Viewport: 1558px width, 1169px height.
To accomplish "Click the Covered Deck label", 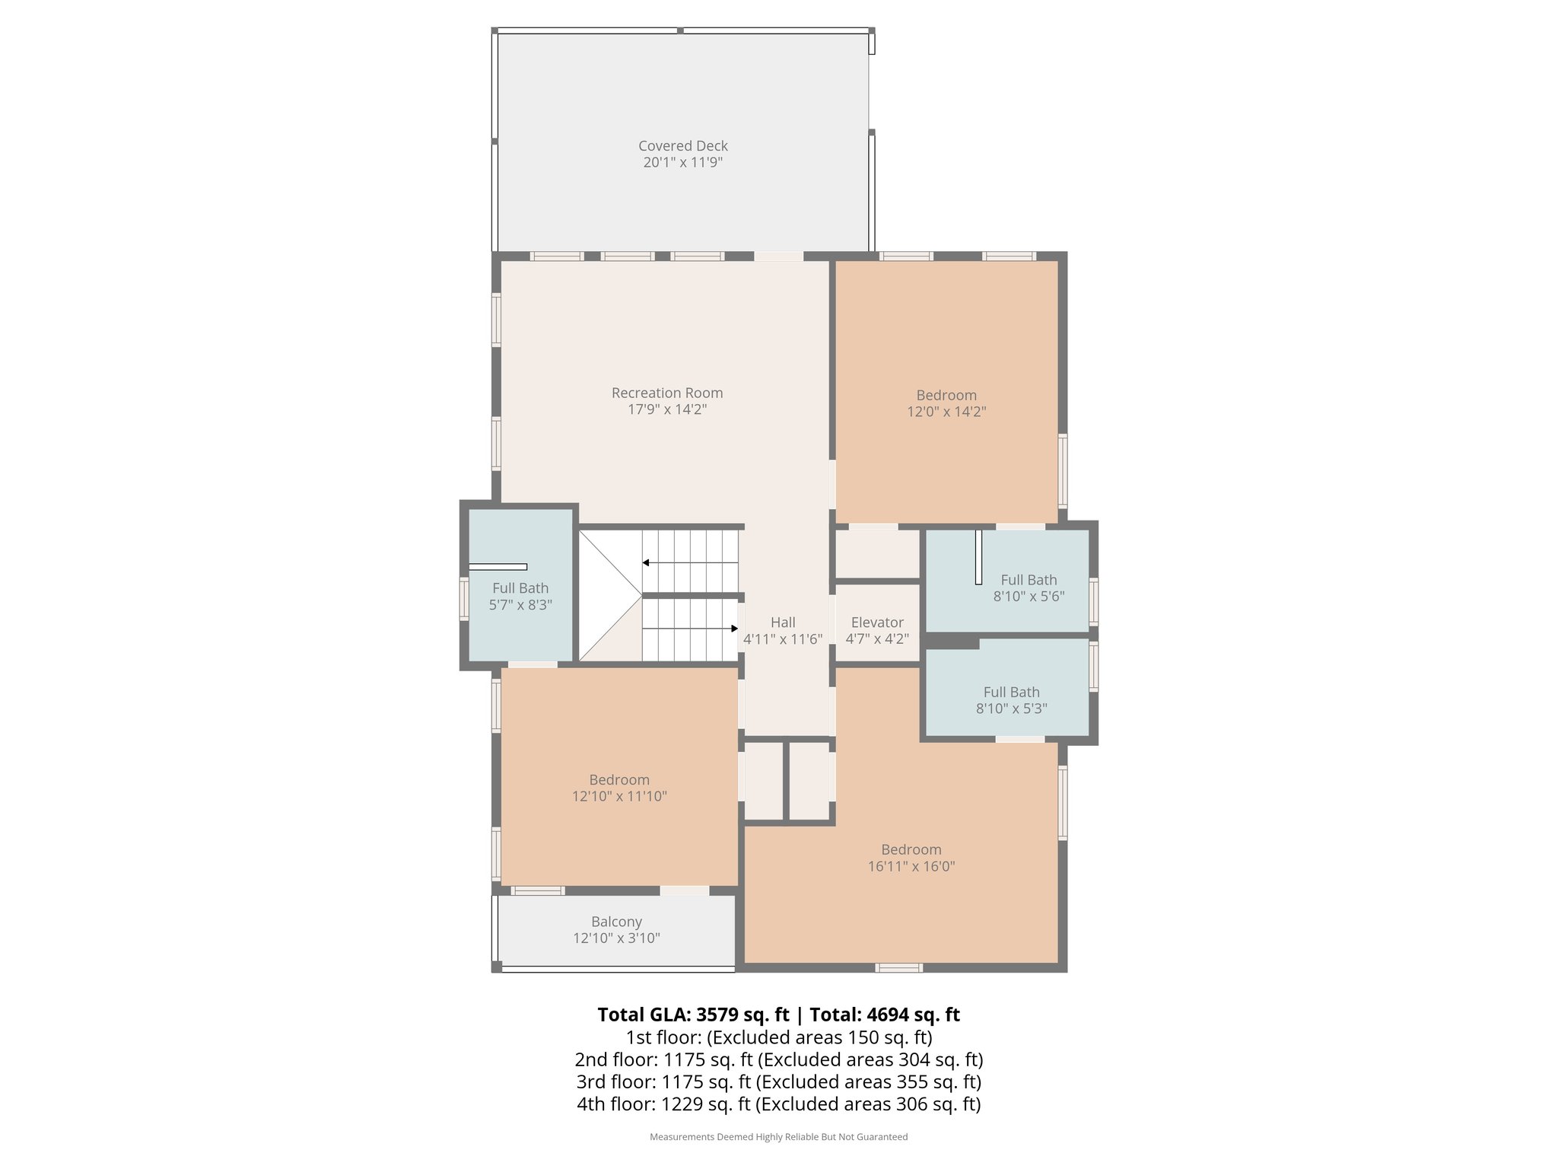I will click(x=682, y=145).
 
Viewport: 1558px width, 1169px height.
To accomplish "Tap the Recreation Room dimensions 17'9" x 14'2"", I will click(x=667, y=409).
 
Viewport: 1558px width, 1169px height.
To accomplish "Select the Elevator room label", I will click(x=877, y=623).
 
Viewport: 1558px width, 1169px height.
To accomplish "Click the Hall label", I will click(x=782, y=623).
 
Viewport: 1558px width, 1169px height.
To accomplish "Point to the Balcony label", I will click(x=616, y=922).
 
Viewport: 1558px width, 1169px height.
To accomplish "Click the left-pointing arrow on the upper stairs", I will click(x=646, y=563).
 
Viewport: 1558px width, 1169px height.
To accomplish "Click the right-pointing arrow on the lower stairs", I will click(x=734, y=629).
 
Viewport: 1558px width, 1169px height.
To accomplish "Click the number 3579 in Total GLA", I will click(x=717, y=1015).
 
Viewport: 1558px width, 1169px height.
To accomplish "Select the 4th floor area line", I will click(x=778, y=1104).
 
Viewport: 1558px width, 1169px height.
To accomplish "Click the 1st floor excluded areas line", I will click(x=778, y=1037).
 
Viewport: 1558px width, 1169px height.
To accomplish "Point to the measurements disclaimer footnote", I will click(x=778, y=1137).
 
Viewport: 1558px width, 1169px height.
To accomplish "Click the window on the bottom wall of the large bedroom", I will click(x=898, y=968).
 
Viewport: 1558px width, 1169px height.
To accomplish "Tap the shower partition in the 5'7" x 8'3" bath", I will click(x=498, y=567).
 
